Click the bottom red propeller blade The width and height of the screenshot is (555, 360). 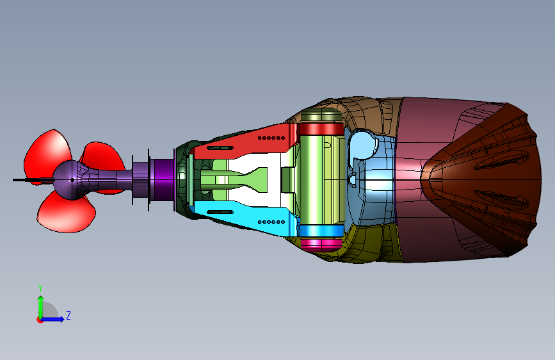(65, 215)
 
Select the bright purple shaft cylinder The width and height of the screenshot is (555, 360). (163, 179)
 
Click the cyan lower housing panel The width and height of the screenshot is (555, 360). (245, 217)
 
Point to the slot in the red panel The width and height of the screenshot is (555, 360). (220, 148)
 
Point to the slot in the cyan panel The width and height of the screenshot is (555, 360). (220, 212)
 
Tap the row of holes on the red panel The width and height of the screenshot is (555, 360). (271, 138)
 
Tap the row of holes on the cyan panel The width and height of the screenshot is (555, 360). (271, 222)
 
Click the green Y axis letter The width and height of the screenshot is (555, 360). (40, 288)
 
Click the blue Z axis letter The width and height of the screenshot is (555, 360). (68, 315)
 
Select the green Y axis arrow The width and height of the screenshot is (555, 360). (41, 307)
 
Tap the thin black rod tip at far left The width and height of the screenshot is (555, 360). (13, 180)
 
